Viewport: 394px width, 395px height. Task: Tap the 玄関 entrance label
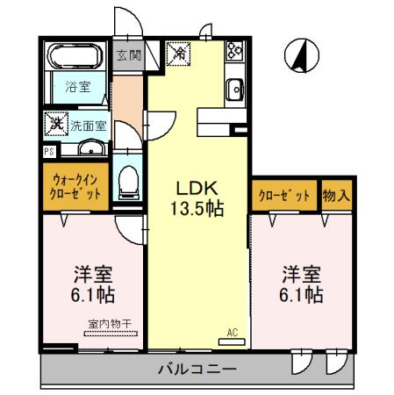127,54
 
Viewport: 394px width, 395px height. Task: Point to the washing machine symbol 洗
55,124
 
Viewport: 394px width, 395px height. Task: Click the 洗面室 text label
88,126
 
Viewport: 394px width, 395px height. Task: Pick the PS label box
47,149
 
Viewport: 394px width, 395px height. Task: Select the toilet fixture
129,182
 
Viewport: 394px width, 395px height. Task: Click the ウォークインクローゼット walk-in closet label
75,185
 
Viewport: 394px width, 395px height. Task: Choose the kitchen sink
234,89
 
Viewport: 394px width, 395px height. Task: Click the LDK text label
198,188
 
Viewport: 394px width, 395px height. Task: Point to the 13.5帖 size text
198,210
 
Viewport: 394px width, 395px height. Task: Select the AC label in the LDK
232,332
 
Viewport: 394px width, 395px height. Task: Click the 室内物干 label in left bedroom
110,323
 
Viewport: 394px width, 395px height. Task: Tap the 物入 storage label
335,195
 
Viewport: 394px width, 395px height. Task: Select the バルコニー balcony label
197,369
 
